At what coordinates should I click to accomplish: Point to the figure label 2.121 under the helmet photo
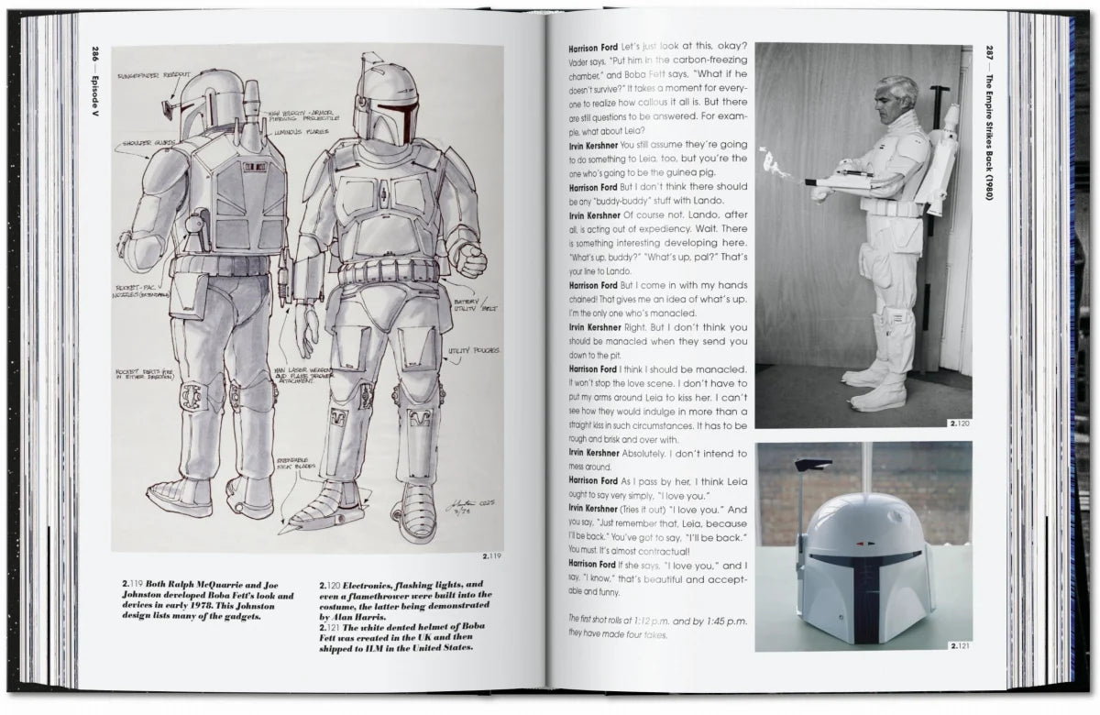959,645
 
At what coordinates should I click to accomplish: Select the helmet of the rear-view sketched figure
213,103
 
